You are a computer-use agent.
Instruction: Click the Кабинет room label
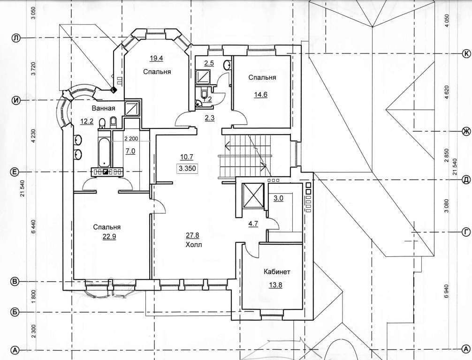coord(277,272)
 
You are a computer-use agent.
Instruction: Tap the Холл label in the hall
coord(194,245)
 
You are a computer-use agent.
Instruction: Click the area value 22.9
coord(109,237)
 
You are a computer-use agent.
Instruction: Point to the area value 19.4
coord(156,58)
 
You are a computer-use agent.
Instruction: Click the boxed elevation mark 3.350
coord(187,168)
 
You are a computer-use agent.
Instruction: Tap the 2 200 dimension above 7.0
coord(130,139)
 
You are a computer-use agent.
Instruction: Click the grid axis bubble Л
coord(15,38)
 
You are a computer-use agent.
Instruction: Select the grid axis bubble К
coord(466,53)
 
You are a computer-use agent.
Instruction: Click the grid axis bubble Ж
coord(466,131)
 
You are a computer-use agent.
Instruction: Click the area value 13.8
coord(275,285)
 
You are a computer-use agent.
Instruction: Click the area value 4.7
coord(253,224)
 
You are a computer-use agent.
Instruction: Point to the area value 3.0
coord(278,198)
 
